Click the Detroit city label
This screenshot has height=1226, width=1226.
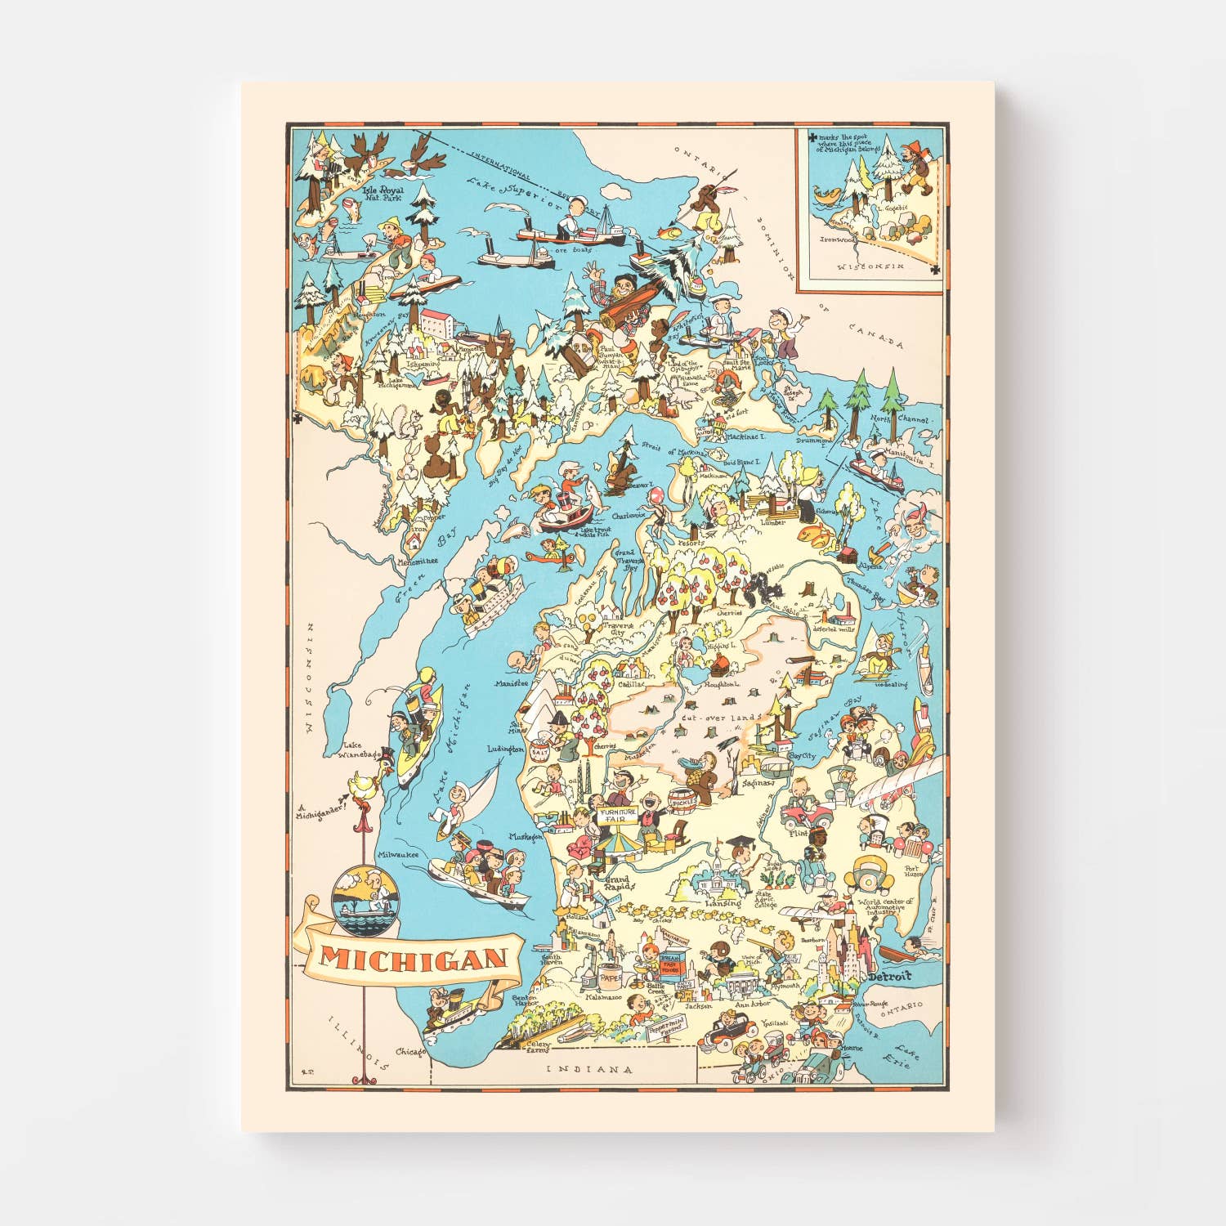tap(889, 977)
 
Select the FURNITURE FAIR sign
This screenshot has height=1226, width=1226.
tap(617, 815)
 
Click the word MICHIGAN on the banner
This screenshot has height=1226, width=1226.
tap(413, 959)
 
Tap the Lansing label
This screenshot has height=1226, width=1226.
tap(723, 903)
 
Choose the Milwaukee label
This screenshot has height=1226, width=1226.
tap(398, 854)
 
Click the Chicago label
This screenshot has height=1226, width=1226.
tap(410, 1052)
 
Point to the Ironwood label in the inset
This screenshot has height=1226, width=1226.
tap(838, 239)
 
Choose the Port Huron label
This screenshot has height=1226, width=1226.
tap(912, 872)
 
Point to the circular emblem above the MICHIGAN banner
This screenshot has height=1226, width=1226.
tap(365, 896)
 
